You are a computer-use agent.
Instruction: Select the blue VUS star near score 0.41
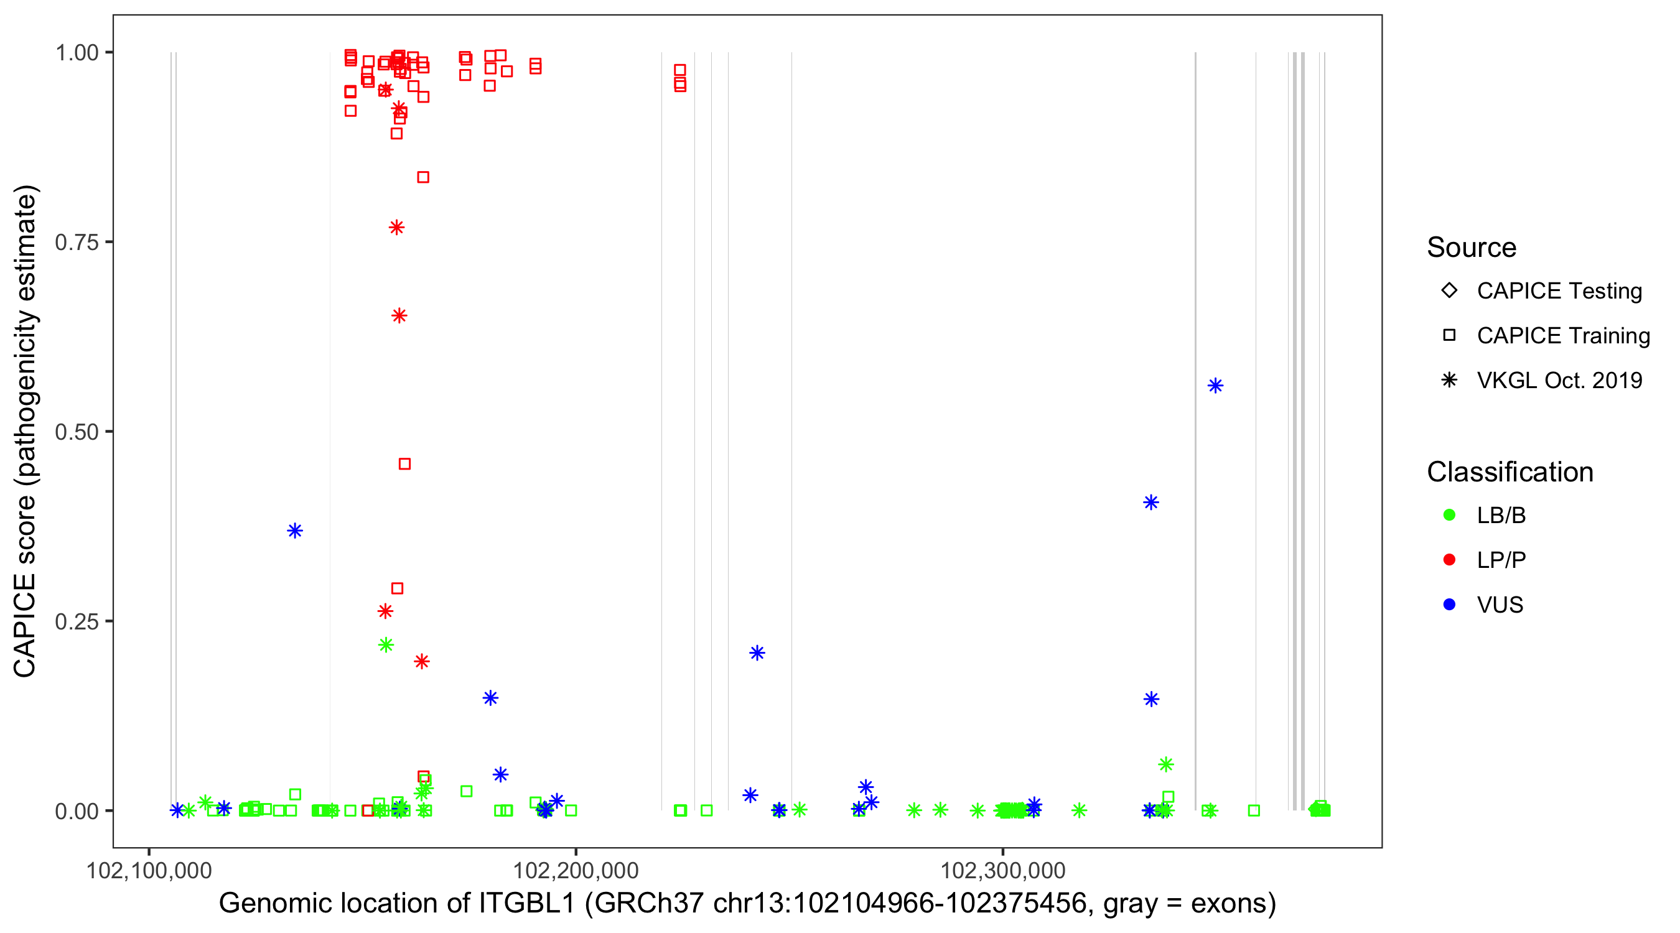coord(1150,502)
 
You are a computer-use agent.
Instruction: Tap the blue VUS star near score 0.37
coord(295,530)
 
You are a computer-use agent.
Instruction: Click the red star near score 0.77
coord(396,227)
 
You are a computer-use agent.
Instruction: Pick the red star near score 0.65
coord(399,315)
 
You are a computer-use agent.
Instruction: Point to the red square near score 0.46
coord(404,463)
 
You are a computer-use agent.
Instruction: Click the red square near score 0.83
coord(422,177)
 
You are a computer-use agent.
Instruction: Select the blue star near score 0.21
coord(757,652)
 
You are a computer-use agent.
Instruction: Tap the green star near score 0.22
coord(385,645)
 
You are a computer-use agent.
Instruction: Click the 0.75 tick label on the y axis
coord(77,242)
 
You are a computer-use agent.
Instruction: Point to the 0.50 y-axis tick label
coord(77,432)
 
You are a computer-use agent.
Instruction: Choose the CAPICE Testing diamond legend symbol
coord(1449,290)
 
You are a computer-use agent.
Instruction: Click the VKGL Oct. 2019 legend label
coord(1559,380)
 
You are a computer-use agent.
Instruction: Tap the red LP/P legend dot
coord(1449,560)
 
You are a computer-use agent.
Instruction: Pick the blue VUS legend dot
coord(1449,605)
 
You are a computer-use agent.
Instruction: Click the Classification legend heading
coord(1509,471)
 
